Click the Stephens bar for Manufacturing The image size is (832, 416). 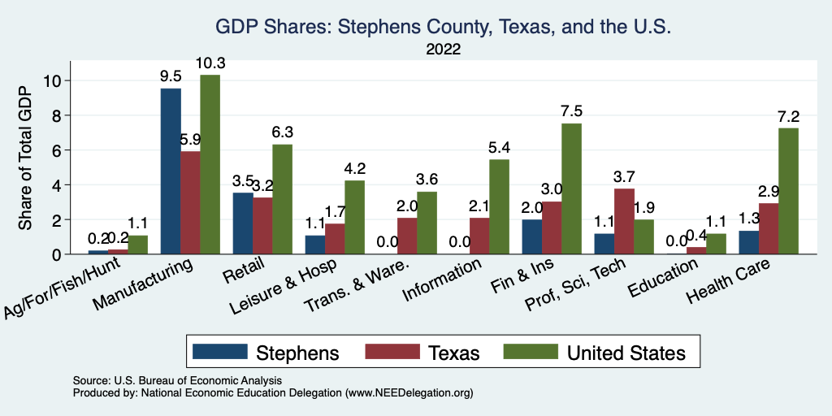[171, 171]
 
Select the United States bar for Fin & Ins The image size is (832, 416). [571, 188]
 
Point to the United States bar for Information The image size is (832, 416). [499, 206]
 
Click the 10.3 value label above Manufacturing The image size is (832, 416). [210, 63]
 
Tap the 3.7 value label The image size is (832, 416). [624, 178]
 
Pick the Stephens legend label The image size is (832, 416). [297, 353]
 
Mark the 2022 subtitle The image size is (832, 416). [444, 49]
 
